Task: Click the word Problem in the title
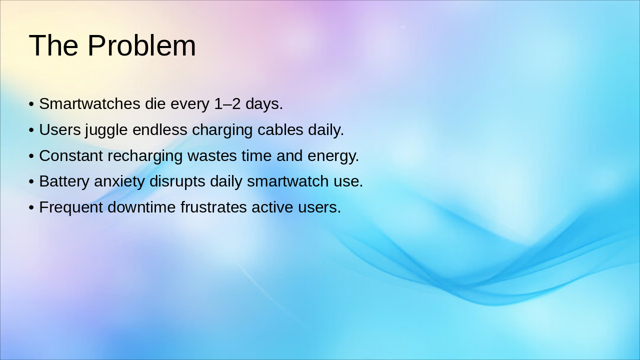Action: tap(141, 45)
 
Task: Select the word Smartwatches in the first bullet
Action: tap(89, 104)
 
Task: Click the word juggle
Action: tap(106, 130)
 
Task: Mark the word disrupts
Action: tap(177, 181)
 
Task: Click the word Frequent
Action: tap(71, 207)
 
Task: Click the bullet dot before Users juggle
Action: tap(31, 130)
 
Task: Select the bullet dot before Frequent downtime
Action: tap(31, 208)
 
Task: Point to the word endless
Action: tap(160, 130)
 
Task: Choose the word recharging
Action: tap(145, 156)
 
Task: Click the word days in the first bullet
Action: tap(264, 104)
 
